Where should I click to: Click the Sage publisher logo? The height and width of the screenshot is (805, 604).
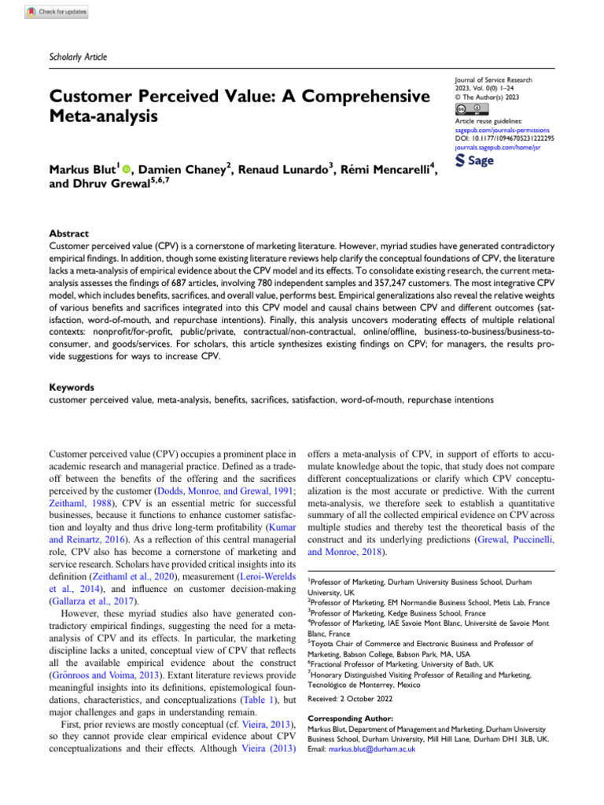tap(477, 161)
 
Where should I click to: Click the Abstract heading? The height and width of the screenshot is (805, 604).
tap(69, 233)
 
